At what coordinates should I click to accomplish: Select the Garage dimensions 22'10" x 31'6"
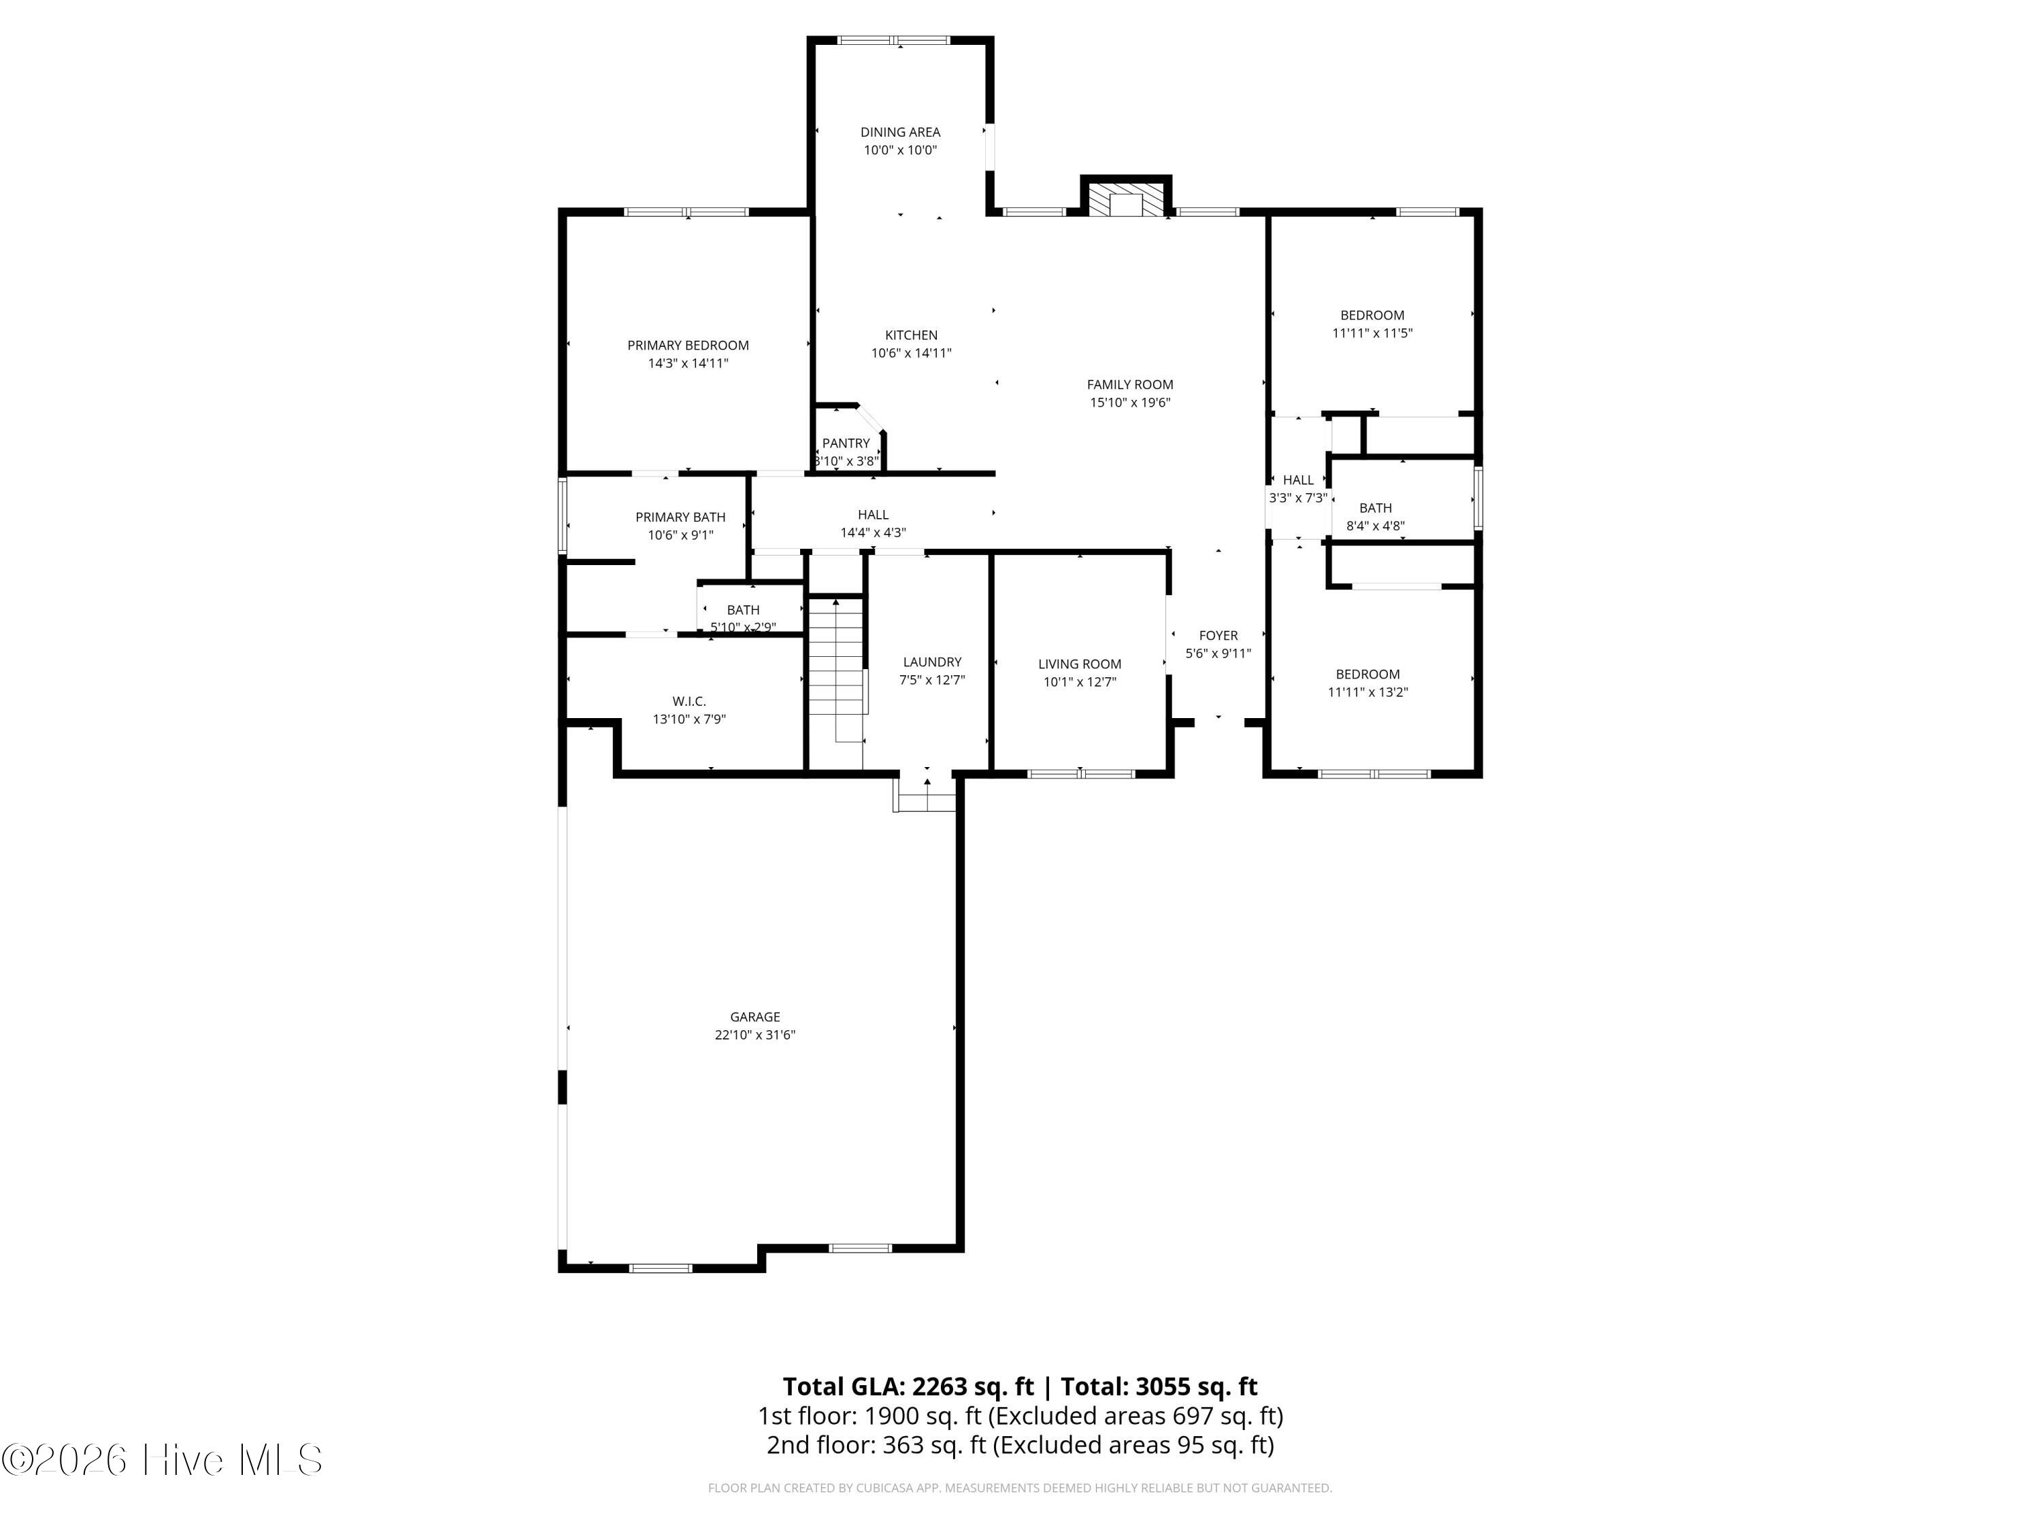coord(754,1035)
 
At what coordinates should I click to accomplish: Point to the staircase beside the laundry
coord(837,668)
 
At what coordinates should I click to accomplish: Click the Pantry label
coord(845,443)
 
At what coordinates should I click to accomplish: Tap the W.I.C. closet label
coord(689,702)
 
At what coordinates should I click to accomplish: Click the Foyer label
coord(1218,635)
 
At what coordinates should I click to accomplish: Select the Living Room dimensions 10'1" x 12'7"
coord(1080,683)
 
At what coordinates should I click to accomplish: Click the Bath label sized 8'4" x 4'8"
coord(1375,508)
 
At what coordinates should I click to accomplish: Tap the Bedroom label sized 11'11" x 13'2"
coord(1367,674)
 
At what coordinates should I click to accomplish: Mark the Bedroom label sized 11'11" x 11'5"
coord(1372,316)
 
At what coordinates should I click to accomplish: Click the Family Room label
coord(1129,385)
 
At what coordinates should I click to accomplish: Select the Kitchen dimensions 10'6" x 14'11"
coord(911,353)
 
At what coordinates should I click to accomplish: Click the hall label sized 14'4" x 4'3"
coord(873,515)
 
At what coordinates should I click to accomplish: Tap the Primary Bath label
coord(680,517)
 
